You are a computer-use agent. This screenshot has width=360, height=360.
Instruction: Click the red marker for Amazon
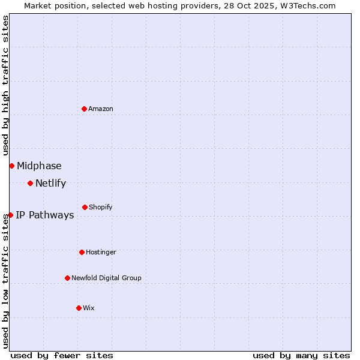(x=85, y=109)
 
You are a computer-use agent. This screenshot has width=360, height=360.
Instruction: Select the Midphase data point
(x=11, y=166)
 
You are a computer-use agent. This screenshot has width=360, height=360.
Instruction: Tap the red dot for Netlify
(x=30, y=183)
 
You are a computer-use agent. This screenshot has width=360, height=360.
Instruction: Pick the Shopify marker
(x=85, y=207)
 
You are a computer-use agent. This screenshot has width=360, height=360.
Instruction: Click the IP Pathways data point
(x=10, y=215)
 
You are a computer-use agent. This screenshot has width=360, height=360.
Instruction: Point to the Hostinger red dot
(x=82, y=252)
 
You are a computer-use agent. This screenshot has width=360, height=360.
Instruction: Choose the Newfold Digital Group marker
(x=67, y=278)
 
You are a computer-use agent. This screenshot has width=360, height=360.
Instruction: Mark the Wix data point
(x=79, y=308)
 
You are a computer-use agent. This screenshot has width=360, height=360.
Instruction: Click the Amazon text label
(x=101, y=109)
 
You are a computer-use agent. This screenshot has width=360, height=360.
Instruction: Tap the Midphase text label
(x=39, y=166)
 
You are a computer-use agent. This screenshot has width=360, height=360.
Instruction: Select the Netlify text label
(x=50, y=184)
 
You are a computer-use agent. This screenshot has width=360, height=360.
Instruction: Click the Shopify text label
(x=101, y=207)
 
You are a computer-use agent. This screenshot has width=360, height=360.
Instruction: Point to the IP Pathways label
(x=44, y=215)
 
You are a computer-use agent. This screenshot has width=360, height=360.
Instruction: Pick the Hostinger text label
(x=101, y=252)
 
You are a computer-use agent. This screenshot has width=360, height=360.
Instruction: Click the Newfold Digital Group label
(x=106, y=278)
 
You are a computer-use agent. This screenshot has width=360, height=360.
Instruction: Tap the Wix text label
(x=89, y=308)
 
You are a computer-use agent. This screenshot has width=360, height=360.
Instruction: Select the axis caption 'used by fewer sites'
(x=62, y=355)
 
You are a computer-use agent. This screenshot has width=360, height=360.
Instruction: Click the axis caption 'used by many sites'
(x=301, y=355)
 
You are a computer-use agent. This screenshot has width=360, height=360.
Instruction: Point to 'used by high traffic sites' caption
(x=5, y=86)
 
